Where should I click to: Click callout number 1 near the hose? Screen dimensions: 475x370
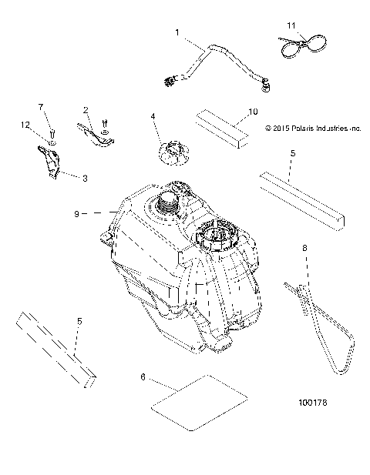177,33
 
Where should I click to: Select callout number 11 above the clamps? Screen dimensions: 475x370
291,27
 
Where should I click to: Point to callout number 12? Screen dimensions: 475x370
27,125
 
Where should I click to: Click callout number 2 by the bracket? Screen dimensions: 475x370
86,109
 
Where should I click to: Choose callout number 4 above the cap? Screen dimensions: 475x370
153,116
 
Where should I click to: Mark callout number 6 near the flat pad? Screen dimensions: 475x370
142,379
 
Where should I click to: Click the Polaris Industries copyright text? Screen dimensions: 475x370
312,129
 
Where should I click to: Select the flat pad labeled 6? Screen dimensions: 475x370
199,398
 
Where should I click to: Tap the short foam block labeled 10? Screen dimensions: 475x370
222,125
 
